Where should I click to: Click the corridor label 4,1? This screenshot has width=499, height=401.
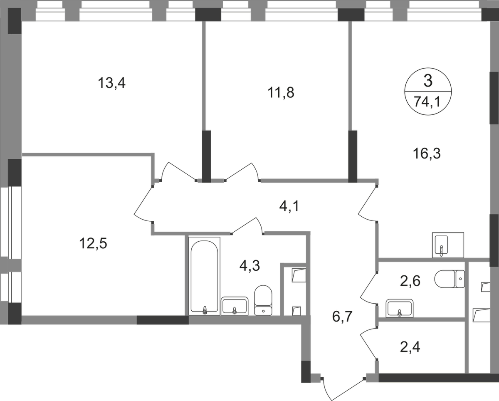point(290,205)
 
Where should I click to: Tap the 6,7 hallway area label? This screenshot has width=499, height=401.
point(343,319)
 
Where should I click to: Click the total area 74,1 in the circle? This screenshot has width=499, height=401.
point(427,101)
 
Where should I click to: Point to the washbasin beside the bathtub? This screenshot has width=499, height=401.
point(235,304)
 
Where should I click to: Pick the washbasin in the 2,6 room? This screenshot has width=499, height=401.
point(399,307)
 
